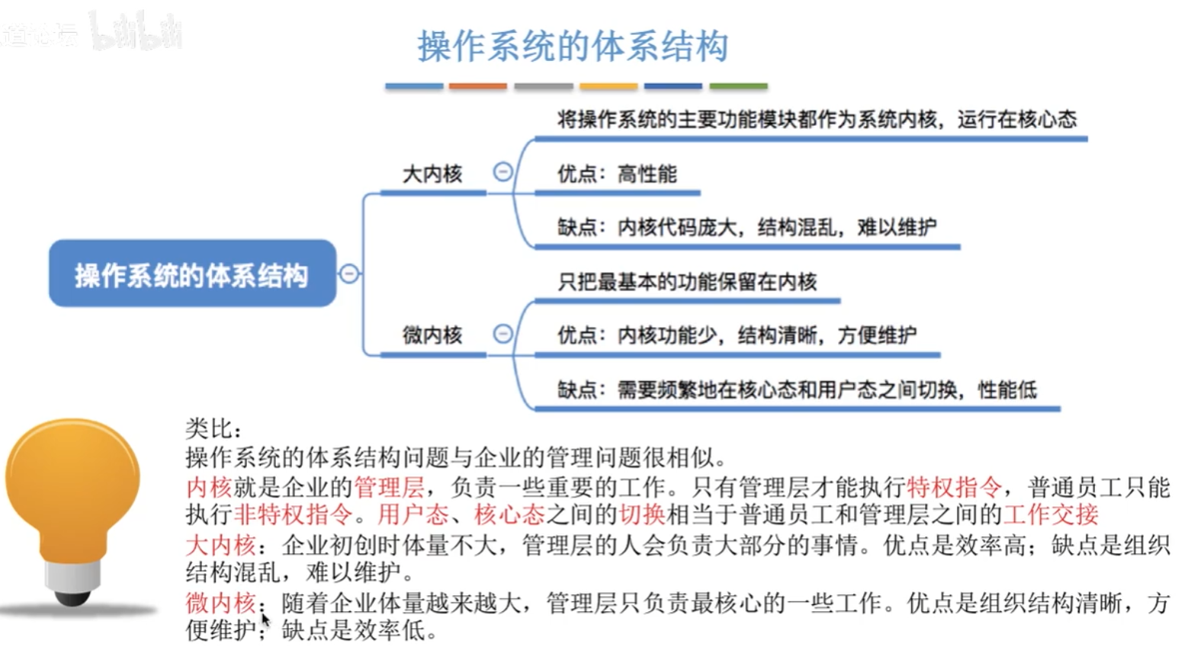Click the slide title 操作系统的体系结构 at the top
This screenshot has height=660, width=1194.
tap(573, 47)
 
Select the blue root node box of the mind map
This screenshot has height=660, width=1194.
tap(192, 274)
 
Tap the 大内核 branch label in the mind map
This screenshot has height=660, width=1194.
tap(432, 175)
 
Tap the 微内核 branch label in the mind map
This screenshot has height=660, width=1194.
tap(432, 335)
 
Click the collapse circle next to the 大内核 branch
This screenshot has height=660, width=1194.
tap(502, 172)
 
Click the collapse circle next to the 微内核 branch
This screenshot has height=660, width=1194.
tap(502, 333)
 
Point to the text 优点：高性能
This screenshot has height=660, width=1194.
tap(617, 175)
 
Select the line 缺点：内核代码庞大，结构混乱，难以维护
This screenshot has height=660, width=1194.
tap(746, 228)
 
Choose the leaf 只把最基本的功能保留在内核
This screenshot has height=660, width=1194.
tap(687, 283)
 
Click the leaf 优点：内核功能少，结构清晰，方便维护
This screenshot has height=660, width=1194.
tap(737, 336)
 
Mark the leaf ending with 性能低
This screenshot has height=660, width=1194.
tap(797, 390)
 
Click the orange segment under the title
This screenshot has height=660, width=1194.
tap(478, 87)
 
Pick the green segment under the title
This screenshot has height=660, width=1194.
tap(738, 87)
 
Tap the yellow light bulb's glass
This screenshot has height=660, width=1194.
tap(72, 480)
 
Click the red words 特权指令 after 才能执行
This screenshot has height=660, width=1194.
tap(954, 486)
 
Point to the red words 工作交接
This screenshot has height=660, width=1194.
tap(1051, 514)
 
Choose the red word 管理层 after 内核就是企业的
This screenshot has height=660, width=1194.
tap(389, 486)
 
